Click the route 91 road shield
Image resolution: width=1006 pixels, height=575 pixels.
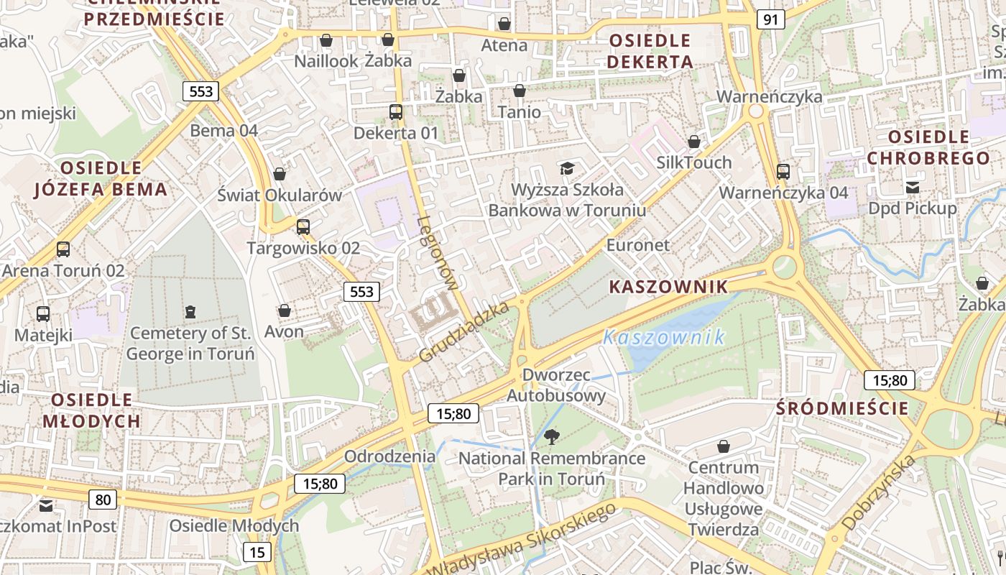pos(770,19)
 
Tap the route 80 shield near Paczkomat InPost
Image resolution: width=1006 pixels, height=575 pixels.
pos(103,500)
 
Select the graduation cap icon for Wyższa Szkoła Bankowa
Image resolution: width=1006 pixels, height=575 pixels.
pos(568,168)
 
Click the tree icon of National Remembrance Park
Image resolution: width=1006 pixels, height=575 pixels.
pos(552,436)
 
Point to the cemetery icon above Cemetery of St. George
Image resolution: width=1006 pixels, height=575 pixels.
pos(190,311)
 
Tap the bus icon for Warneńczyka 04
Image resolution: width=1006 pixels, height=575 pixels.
pos(783,172)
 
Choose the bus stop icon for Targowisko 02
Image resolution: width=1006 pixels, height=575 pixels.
pos(303,227)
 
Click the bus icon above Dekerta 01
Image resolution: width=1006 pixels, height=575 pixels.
pos(396,111)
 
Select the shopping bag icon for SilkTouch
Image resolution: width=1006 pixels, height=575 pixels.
pos(694,142)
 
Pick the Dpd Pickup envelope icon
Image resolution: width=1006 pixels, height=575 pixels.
pos(913,188)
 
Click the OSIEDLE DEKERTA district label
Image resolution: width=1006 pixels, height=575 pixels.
pos(650,51)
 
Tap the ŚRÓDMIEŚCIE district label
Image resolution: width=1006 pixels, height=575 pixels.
pos(842,408)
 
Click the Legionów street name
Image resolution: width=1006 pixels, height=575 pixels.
pos(438,253)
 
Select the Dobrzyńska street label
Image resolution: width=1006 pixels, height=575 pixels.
pos(878,493)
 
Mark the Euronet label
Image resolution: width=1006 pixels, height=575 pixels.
pos(638,245)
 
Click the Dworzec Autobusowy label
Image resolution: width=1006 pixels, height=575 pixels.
pos(556,385)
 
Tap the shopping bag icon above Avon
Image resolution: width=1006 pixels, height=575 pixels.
pos(285,310)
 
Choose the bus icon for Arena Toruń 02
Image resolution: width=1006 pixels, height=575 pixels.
pos(63,249)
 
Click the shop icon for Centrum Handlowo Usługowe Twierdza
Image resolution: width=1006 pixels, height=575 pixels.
pos(724,446)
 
